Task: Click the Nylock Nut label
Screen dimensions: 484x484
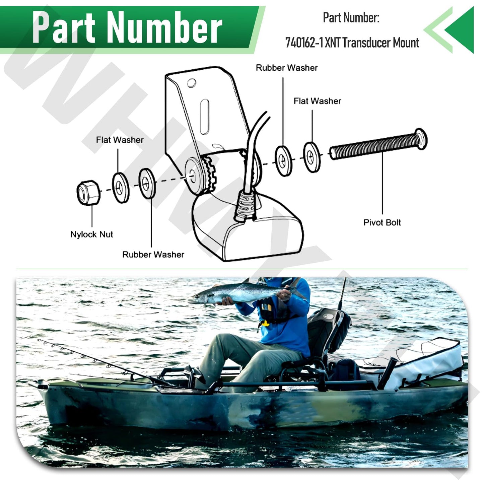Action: (x=91, y=234)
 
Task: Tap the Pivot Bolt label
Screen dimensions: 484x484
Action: (x=382, y=222)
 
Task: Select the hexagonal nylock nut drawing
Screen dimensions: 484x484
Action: (x=88, y=193)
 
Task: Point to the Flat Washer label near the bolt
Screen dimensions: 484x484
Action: (x=317, y=101)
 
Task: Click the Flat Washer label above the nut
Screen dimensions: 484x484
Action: (x=120, y=140)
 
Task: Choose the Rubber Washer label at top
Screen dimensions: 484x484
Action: (x=286, y=68)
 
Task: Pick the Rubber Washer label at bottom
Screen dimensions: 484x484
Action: (x=153, y=255)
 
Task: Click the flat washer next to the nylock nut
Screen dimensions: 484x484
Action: (x=121, y=188)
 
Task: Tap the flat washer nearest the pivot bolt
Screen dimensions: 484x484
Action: (x=312, y=157)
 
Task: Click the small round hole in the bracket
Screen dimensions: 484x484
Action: (x=191, y=83)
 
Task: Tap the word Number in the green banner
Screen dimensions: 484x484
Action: (x=165, y=27)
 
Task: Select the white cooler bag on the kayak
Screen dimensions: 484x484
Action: (x=425, y=363)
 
